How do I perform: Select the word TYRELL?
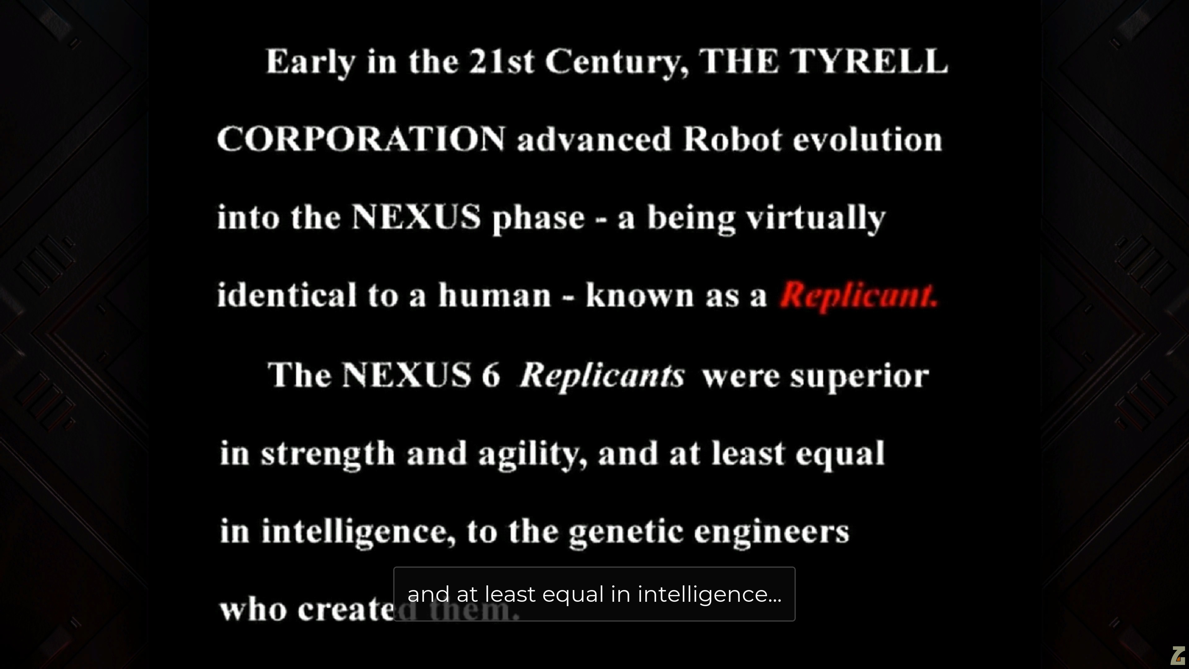868,61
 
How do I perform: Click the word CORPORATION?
361,139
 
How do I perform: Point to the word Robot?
733,139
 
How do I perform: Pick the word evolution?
867,139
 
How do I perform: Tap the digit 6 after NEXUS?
491,374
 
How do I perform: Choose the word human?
494,295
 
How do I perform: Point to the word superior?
860,377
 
